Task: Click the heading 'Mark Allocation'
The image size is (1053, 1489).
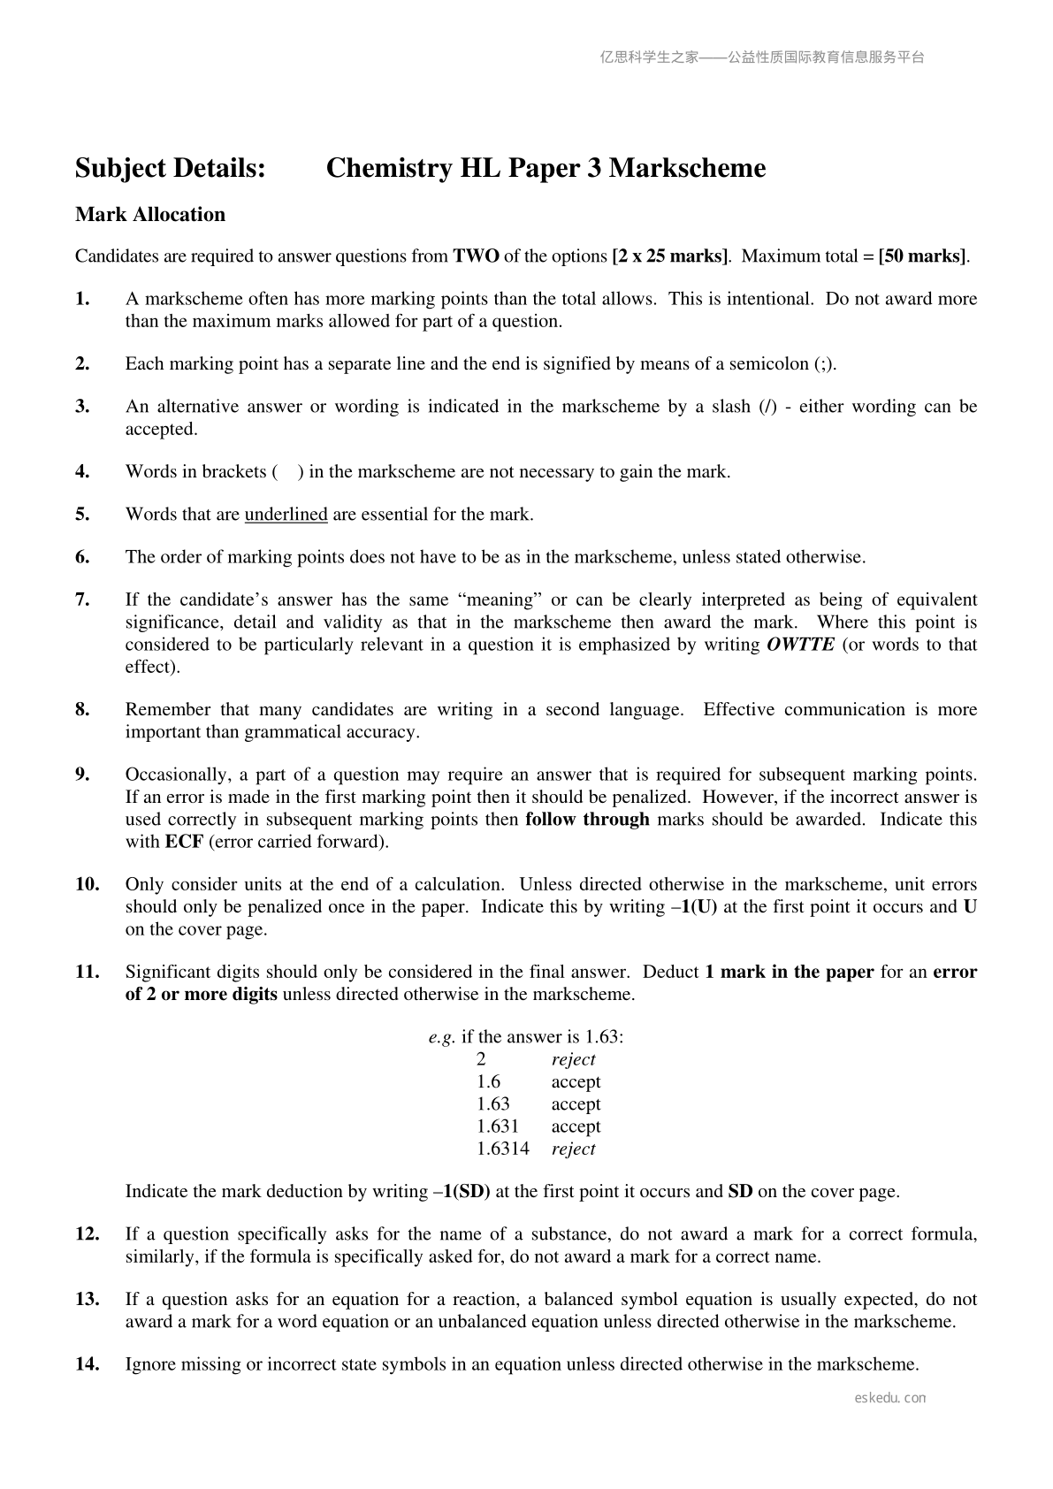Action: click(x=150, y=215)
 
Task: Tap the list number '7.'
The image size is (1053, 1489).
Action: click(x=83, y=599)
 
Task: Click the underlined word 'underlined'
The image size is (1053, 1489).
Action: click(x=286, y=515)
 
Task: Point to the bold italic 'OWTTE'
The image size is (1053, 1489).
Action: click(x=800, y=645)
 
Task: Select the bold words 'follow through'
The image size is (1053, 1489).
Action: click(x=587, y=819)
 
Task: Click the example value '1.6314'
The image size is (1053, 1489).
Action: click(x=502, y=1149)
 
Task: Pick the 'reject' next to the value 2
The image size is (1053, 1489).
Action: click(x=573, y=1059)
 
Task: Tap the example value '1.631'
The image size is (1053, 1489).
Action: click(x=497, y=1126)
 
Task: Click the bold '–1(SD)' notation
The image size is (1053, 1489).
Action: click(x=462, y=1191)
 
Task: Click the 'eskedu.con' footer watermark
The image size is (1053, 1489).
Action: click(x=890, y=1398)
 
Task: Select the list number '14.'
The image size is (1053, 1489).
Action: click(x=87, y=1364)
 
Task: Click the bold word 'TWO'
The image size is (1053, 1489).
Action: click(x=476, y=256)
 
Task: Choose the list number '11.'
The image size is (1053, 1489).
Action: click(x=87, y=972)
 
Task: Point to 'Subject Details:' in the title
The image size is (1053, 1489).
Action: click(x=171, y=168)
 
